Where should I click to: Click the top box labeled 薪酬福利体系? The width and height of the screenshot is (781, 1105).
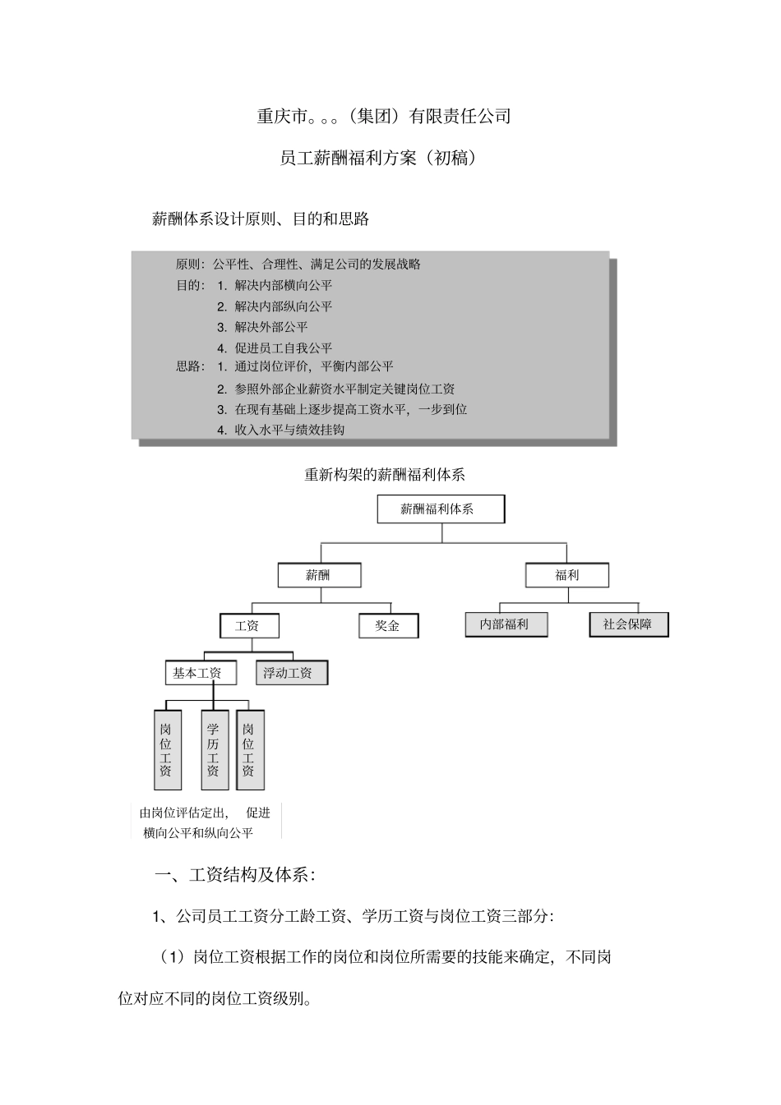(441, 509)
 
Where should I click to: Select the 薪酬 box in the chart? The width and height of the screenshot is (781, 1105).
(319, 575)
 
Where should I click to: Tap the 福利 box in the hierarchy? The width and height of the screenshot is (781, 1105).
(567, 575)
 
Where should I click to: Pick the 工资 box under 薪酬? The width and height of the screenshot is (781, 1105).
(249, 626)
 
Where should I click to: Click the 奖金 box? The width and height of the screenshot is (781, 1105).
(388, 626)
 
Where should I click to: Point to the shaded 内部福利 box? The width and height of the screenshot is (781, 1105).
(506, 624)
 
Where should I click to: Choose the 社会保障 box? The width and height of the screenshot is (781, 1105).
(628, 624)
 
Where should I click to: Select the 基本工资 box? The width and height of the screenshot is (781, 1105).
(200, 674)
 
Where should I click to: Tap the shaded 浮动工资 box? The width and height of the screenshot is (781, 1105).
(290, 674)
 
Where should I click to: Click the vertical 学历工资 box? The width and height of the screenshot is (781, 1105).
(214, 749)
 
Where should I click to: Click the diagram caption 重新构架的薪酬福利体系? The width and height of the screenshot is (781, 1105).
(385, 475)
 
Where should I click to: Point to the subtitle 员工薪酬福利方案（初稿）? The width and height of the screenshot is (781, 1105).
(379, 158)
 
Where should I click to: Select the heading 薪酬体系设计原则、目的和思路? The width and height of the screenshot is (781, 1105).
(261, 219)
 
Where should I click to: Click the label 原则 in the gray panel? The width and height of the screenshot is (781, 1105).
(188, 265)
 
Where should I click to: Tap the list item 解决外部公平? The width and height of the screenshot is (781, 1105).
(271, 327)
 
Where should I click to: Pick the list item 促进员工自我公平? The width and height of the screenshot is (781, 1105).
(284, 348)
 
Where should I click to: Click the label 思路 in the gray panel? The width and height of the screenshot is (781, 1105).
(188, 366)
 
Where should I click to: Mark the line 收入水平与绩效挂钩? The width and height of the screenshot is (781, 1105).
(289, 430)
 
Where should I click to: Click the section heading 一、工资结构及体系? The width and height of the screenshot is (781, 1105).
(235, 875)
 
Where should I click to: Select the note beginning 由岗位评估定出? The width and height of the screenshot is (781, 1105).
(206, 822)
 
